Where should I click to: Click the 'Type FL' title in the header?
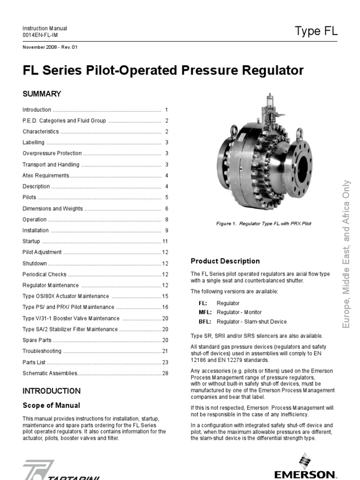click(x=316, y=31)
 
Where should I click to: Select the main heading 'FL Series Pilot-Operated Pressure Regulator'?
click(x=163, y=71)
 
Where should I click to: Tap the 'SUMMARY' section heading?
click(x=42, y=94)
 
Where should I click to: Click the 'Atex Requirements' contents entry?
click(x=46, y=175)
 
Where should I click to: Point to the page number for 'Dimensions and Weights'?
click(x=166, y=209)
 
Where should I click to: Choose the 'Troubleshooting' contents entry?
click(x=42, y=351)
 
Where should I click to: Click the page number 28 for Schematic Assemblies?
click(x=165, y=373)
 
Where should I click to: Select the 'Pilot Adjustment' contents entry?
click(x=42, y=252)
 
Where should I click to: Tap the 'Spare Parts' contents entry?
click(x=37, y=340)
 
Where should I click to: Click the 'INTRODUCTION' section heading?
click(x=52, y=391)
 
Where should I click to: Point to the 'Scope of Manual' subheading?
click(x=52, y=405)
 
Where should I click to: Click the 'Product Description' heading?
click(x=225, y=261)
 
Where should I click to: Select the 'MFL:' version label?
click(x=205, y=312)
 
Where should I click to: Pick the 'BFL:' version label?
click(x=205, y=322)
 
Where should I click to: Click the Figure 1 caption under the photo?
click(x=264, y=224)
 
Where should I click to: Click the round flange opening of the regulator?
click(x=302, y=166)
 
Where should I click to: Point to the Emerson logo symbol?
click(x=306, y=461)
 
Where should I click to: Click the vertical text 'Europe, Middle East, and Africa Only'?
click(x=347, y=254)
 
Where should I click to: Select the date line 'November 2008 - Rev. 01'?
click(x=50, y=47)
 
